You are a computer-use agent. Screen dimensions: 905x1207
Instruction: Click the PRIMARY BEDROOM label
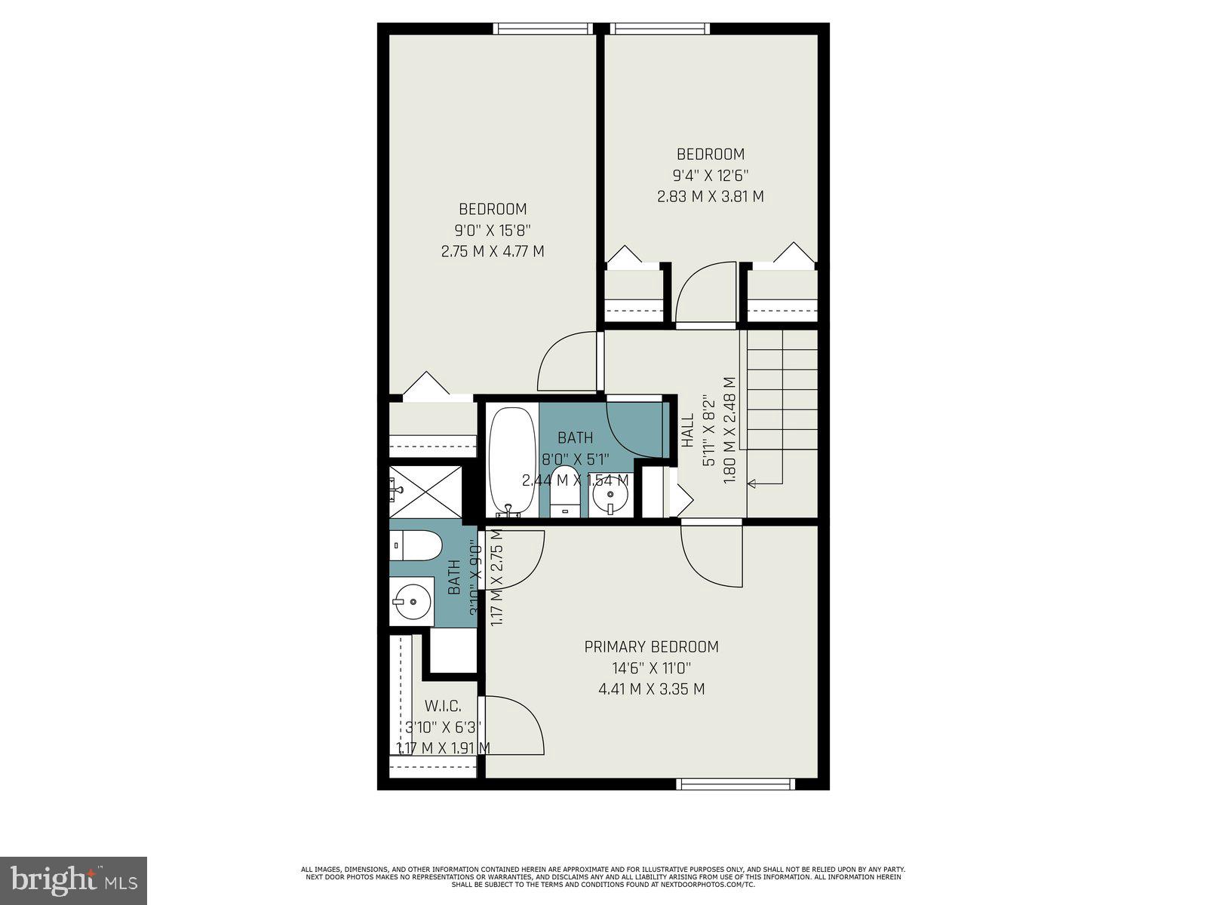tap(651, 646)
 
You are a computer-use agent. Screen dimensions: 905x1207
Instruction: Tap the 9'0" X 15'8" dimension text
tap(493, 230)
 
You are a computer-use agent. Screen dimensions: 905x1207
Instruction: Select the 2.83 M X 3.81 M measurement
tap(710, 196)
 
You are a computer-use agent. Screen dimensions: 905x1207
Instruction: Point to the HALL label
tap(687, 431)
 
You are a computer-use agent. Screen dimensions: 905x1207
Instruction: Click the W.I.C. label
tap(443, 706)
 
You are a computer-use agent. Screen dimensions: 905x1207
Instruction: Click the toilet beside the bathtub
tap(564, 492)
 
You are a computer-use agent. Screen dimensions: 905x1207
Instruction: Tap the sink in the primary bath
tap(411, 602)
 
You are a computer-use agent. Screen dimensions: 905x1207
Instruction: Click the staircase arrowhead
tap(752, 482)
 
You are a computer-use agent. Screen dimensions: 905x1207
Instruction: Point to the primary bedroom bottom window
tap(736, 784)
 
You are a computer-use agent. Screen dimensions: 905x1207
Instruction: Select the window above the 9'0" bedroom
tap(542, 29)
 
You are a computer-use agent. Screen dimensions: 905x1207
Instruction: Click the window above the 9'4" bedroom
tap(660, 29)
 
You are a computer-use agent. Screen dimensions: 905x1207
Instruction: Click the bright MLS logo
tap(73, 879)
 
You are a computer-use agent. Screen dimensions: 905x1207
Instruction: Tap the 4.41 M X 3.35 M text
tap(651, 689)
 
